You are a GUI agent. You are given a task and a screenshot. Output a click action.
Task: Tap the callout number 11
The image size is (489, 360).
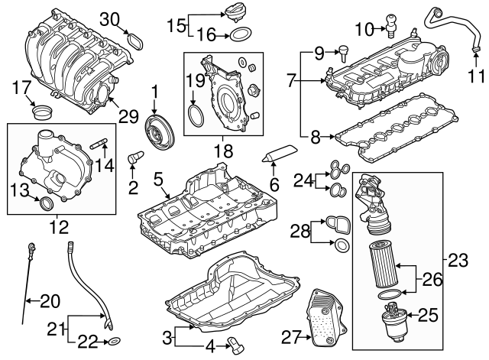[476, 76]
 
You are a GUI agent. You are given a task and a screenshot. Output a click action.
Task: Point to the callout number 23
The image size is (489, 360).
[457, 260]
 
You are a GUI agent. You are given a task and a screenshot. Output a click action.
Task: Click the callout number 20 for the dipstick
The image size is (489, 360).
[49, 301]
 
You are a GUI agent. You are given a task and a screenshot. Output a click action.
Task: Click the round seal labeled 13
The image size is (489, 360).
[47, 203]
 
